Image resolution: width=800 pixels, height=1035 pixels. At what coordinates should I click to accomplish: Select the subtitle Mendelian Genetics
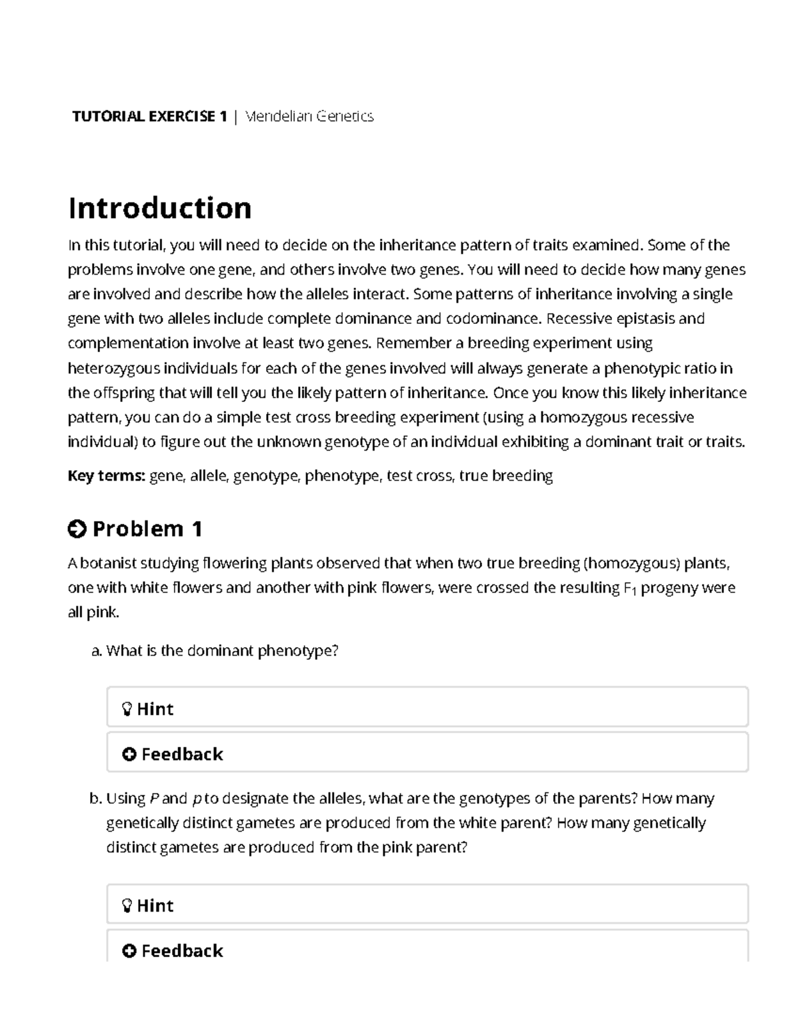[x=309, y=117]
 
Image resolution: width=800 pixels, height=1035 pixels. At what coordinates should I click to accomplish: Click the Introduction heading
[x=160, y=208]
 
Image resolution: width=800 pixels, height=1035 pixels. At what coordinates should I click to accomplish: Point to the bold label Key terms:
[x=107, y=476]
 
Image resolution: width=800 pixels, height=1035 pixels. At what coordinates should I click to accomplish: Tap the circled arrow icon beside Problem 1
[x=77, y=529]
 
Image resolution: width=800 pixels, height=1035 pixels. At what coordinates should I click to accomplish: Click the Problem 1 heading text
[x=147, y=529]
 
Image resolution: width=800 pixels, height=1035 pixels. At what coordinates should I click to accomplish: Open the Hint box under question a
[x=427, y=708]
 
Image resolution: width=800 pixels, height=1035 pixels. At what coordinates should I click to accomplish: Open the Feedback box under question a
[x=427, y=754]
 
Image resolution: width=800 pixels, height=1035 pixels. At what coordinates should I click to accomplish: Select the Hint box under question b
[x=427, y=905]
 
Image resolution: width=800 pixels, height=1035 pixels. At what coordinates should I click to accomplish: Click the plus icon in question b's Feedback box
[x=129, y=950]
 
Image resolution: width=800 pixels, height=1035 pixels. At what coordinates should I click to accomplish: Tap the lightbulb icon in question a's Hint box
[x=127, y=709]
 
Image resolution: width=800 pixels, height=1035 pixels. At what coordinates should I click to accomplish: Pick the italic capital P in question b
[x=154, y=798]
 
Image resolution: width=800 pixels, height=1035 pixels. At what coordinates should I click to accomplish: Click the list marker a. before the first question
[x=97, y=650]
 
